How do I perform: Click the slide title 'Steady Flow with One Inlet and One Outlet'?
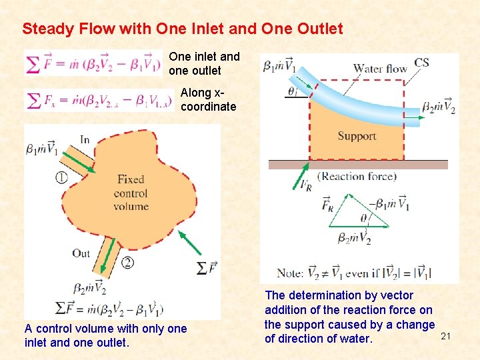coord(182,29)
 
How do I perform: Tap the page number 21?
coord(445,337)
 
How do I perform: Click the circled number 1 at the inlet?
coord(61,177)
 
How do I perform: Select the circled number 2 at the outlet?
coord(127,263)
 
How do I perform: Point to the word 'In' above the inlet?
coord(85,139)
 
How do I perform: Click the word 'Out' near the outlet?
coord(81,253)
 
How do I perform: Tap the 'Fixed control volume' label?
coord(131,193)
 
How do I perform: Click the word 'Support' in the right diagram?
coord(357,136)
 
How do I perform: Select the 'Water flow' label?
coord(380,68)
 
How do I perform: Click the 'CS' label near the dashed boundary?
coord(421,63)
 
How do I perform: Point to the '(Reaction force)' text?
coord(357,177)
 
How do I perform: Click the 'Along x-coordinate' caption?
coord(208,99)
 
